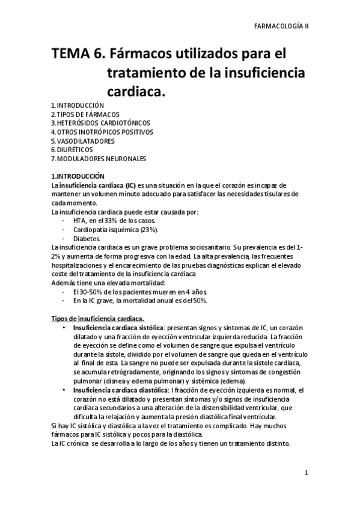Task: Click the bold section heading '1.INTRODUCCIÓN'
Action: [x=78, y=176]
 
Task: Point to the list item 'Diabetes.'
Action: [x=87, y=239]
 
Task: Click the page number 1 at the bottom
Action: [x=306, y=473]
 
